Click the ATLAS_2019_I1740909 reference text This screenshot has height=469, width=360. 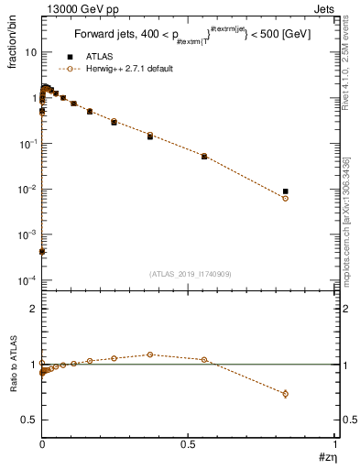pos(190,274)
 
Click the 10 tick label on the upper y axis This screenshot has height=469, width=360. pos(30,53)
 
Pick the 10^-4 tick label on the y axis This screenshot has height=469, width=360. pos(27,280)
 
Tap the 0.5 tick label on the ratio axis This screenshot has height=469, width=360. pos(28,420)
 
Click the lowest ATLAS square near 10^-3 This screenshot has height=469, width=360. pos(42,251)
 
